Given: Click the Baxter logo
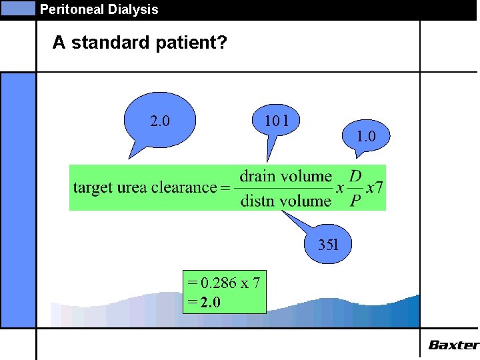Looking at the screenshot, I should point(453,345).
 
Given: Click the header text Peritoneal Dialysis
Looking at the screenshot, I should point(99,9).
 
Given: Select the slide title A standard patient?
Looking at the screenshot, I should point(140,43).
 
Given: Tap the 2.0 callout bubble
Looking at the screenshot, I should point(160,121).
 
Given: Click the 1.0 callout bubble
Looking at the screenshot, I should point(366,136).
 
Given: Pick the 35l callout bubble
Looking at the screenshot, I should point(328,244).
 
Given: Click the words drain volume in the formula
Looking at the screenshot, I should point(285,176).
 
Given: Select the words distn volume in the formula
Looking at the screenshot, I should point(285,200).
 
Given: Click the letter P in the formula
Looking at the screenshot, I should point(356,200).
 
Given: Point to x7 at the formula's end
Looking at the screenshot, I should point(375,187).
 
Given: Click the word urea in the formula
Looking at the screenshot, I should point(133,188).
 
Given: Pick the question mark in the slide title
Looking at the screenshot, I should point(223,43).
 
